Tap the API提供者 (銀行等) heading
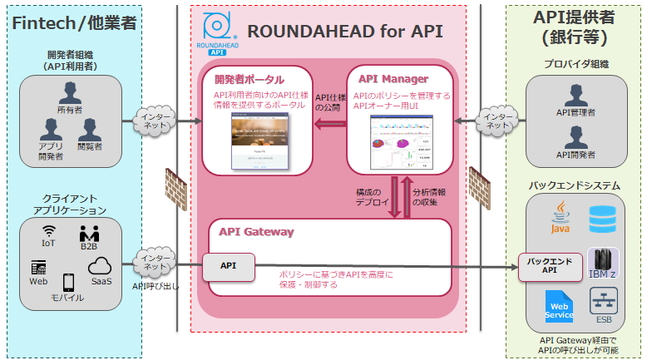tap(574, 27)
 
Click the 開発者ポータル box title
tap(249, 80)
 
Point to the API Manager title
tap(393, 79)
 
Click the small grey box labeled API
tap(228, 267)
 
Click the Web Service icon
tap(559, 306)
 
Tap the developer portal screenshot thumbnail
tap(258, 138)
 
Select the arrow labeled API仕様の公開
tap(329, 124)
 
